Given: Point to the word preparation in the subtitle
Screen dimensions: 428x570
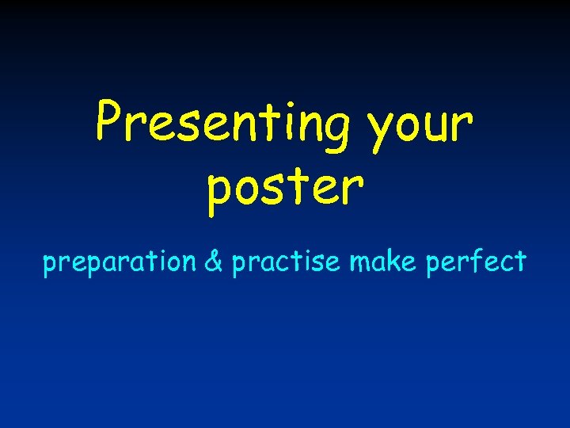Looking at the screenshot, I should coord(120,262).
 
